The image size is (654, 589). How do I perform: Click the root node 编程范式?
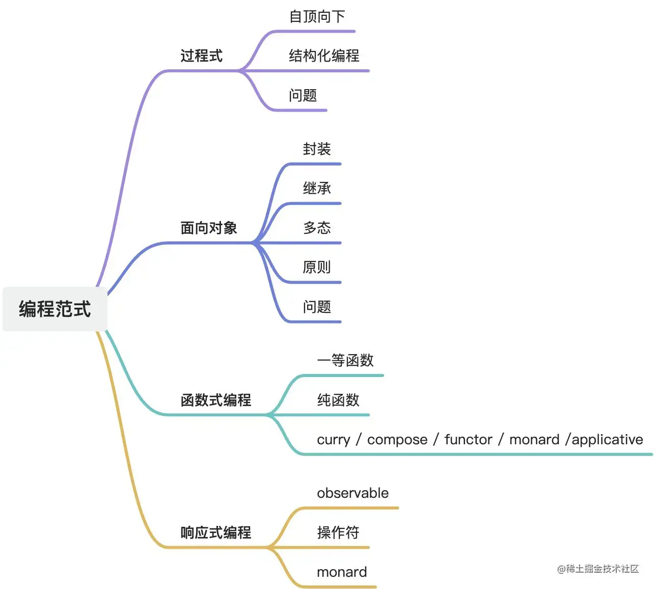[55, 309]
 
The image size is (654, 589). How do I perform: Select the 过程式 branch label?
[202, 56]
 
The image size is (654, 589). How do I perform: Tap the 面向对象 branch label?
[209, 228]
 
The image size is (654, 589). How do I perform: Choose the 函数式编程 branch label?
[216, 400]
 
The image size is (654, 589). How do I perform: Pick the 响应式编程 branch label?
[216, 532]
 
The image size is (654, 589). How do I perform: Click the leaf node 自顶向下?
[317, 17]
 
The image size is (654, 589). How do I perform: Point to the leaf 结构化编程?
[324, 56]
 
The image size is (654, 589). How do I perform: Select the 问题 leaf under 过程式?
[303, 95]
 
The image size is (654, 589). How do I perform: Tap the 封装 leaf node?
[317, 149]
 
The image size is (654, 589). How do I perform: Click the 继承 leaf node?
[317, 188]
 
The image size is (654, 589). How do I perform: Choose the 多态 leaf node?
[317, 228]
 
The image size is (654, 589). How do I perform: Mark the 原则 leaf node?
[317, 267]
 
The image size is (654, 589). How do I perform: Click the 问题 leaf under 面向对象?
[317, 307]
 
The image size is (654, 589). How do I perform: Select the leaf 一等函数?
[345, 360]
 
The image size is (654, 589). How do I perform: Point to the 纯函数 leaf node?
[338, 400]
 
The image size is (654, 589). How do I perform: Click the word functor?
[468, 439]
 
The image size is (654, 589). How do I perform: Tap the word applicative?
[607, 439]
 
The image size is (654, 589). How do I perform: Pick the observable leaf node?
[352, 493]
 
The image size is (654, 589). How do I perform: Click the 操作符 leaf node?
[338, 532]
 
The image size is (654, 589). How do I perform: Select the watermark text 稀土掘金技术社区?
[602, 569]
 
